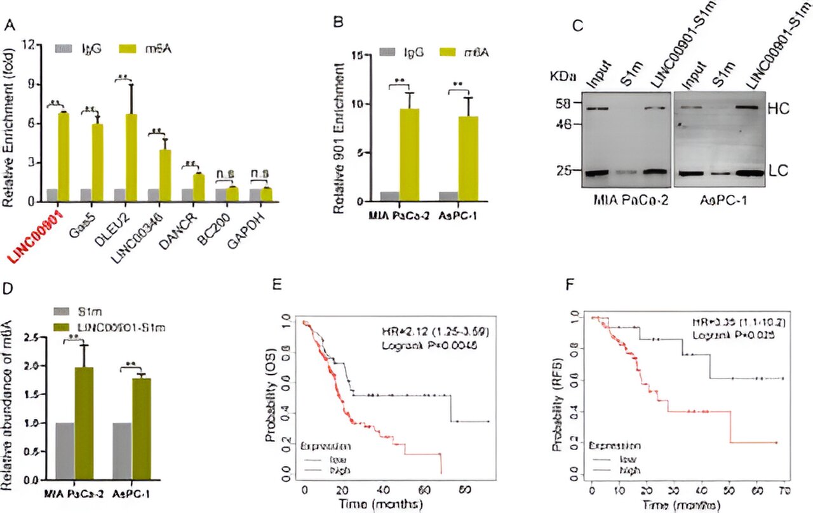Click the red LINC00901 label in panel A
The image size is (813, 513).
33,236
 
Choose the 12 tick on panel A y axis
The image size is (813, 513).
28,45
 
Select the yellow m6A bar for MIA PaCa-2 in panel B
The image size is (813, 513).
410,155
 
